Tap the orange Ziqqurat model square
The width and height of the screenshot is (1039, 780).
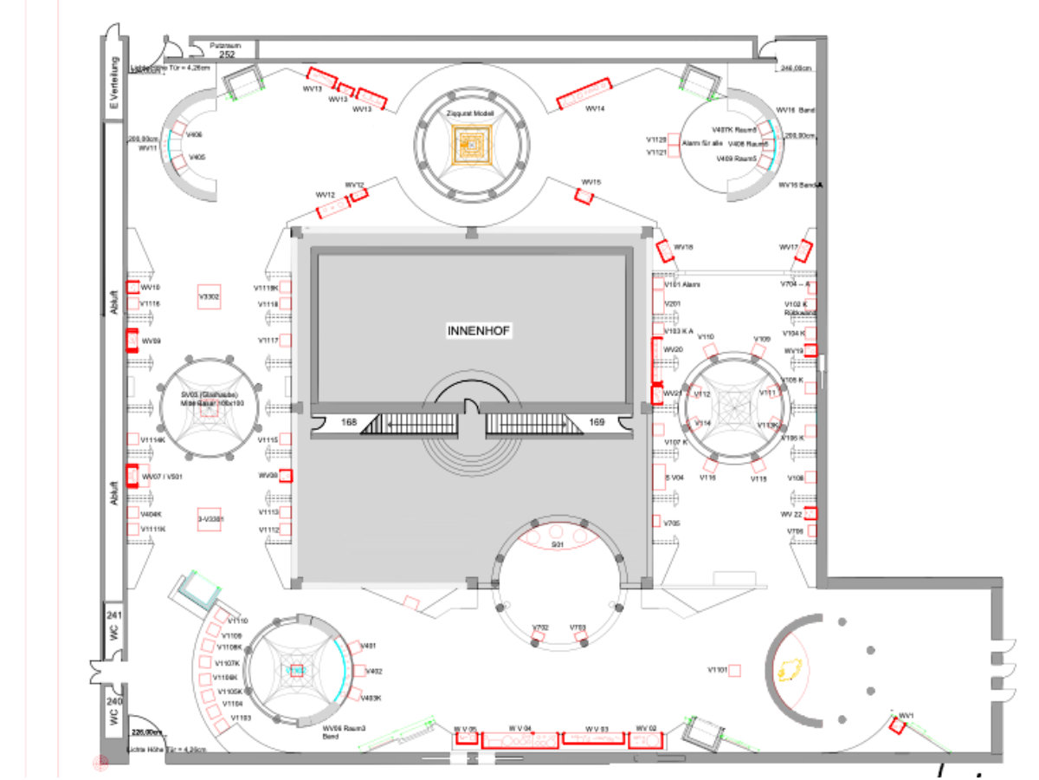click(x=471, y=142)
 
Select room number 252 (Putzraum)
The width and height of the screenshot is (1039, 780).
click(x=227, y=54)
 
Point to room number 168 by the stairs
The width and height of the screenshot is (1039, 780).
click(x=349, y=423)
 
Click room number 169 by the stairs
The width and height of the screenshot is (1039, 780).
click(x=597, y=423)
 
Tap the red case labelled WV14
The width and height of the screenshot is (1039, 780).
click(x=584, y=92)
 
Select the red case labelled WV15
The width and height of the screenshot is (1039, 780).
click(x=584, y=197)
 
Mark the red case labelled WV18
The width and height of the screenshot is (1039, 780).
click(x=665, y=251)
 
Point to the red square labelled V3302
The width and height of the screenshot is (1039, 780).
click(x=210, y=296)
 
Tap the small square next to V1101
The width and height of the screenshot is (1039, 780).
click(x=734, y=670)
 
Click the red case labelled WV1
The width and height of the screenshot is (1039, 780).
click(x=897, y=725)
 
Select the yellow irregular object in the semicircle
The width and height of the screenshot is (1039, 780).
click(x=790, y=670)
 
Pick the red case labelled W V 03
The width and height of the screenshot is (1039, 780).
click(x=593, y=739)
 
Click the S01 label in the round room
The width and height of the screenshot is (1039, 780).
click(x=557, y=544)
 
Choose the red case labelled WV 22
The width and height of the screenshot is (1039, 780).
click(x=810, y=513)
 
